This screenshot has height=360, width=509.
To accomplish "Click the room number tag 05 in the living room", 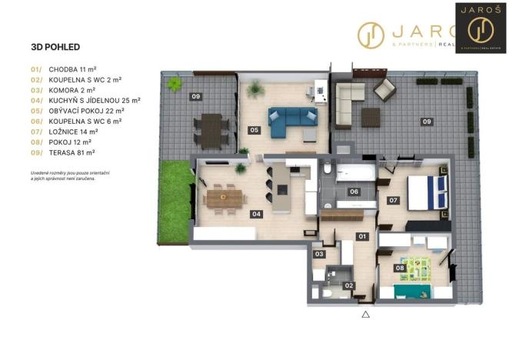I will click(x=254, y=130).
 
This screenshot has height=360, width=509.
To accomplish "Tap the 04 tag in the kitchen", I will click(x=257, y=214).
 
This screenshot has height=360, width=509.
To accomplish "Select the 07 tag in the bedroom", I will click(x=393, y=200).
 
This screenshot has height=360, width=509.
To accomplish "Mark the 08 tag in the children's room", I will click(x=400, y=268).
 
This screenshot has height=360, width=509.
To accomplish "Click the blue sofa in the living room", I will click(x=291, y=122).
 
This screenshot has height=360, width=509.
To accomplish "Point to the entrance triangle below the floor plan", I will click(x=366, y=314).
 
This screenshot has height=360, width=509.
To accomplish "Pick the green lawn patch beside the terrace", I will click(x=176, y=196).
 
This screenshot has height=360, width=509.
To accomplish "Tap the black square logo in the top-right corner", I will click(x=481, y=28).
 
